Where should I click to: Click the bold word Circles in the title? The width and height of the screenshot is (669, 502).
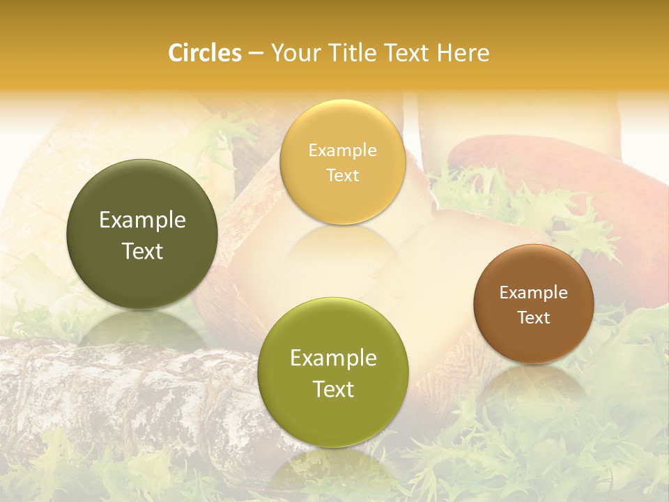pyautogui.click(x=205, y=53)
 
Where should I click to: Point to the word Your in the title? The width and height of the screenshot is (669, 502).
pyautogui.click(x=295, y=53)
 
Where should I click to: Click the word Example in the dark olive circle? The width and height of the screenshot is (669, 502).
pyautogui.click(x=142, y=220)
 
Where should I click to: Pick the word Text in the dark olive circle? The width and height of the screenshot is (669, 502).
pyautogui.click(x=142, y=251)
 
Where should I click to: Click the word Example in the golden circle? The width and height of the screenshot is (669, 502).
pyautogui.click(x=342, y=151)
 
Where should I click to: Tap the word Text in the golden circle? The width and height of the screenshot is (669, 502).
pyautogui.click(x=342, y=175)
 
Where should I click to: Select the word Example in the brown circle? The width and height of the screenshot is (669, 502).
pyautogui.click(x=534, y=293)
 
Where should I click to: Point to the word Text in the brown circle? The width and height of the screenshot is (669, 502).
pyautogui.click(x=534, y=318)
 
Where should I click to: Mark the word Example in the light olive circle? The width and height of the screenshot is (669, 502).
pyautogui.click(x=333, y=358)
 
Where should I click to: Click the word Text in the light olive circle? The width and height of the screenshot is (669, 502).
pyautogui.click(x=333, y=389)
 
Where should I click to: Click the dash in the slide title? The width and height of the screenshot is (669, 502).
pyautogui.click(x=256, y=54)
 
